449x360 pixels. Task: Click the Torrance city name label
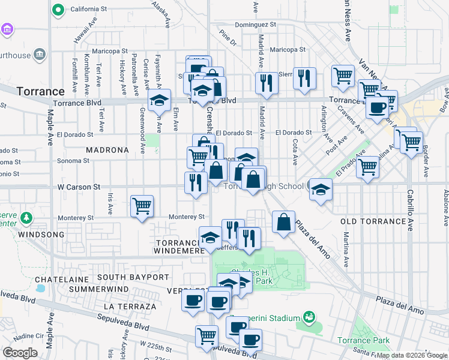(x=41, y=91)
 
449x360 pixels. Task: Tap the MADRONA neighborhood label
(x=107, y=149)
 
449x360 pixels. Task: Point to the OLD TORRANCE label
(x=373, y=221)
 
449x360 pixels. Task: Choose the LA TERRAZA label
(x=130, y=306)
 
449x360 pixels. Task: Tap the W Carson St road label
(x=79, y=187)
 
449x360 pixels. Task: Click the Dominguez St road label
(x=255, y=25)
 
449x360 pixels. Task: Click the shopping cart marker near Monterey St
(x=142, y=206)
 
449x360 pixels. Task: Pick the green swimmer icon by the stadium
(x=309, y=316)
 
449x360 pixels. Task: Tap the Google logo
(x=20, y=352)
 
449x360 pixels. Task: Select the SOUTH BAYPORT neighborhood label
(x=133, y=277)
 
